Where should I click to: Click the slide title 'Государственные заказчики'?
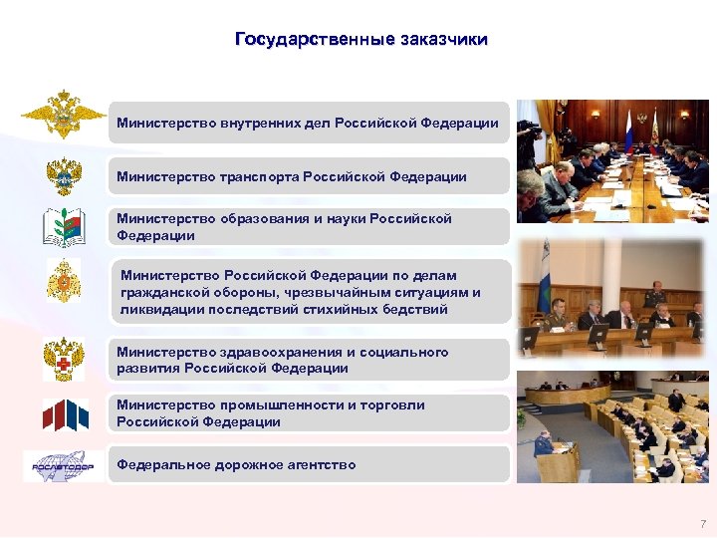pyautogui.click(x=361, y=40)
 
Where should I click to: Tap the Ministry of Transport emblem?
pyautogui.click(x=64, y=175)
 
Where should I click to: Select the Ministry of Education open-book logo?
pyautogui.click(x=64, y=227)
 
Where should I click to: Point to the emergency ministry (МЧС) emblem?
pyautogui.click(x=64, y=282)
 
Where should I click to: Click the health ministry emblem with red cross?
pyautogui.click(x=64, y=359)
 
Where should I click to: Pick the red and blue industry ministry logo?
pyautogui.click(x=64, y=413)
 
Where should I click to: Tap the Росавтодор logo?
pyautogui.click(x=64, y=465)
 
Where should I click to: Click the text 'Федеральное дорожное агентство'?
pyautogui.click(x=236, y=464)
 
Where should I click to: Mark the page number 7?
pyautogui.click(x=702, y=523)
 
